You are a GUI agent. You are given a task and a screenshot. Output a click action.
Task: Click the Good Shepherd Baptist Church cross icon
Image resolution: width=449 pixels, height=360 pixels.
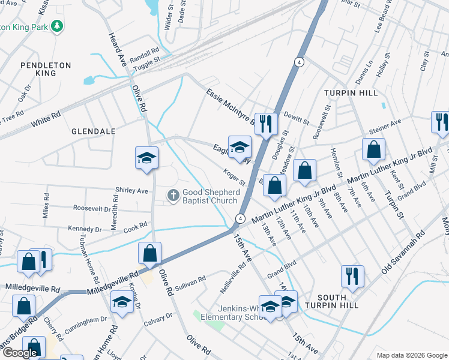coord(173,194)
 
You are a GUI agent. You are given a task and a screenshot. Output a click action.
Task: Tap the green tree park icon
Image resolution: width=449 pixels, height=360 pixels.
coord(58,26)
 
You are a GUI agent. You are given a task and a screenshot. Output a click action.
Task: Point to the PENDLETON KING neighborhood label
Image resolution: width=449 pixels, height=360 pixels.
coord(46,69)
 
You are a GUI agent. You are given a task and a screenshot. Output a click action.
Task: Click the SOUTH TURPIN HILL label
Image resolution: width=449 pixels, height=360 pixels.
coord(332,301)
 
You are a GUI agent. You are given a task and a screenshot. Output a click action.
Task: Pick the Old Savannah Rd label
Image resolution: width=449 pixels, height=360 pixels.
coord(406,253)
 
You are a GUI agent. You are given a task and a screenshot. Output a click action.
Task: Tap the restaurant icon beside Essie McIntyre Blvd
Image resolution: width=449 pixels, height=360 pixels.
coord(266,124)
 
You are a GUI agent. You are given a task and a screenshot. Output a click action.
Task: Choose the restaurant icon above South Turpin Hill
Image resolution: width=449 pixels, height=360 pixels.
coord(352,276)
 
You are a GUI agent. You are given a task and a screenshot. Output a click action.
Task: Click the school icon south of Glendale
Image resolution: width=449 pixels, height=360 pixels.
coord(146,158)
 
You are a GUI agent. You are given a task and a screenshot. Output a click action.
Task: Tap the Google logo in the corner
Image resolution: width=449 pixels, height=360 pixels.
coord(20,353)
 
